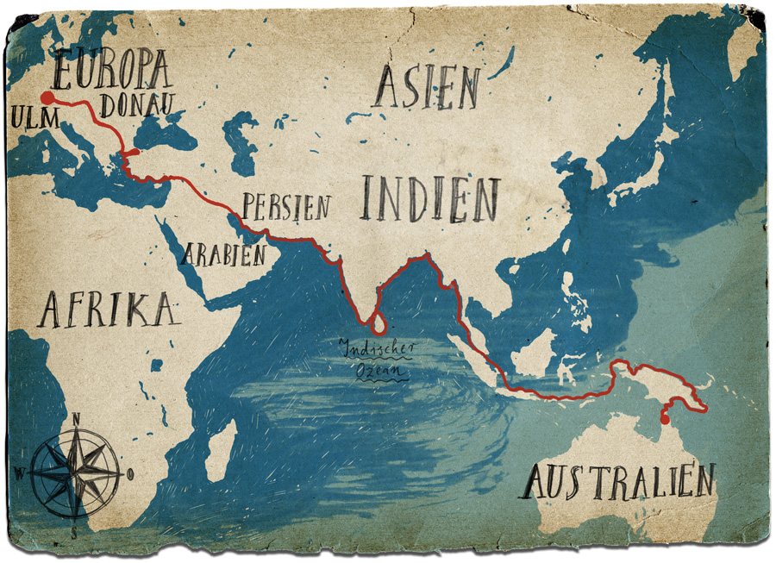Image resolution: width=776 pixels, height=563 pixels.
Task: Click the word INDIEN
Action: (x=429, y=199)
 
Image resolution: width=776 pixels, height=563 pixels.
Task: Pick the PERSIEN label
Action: (x=285, y=207)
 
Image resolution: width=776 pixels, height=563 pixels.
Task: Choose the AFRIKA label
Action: (x=107, y=310)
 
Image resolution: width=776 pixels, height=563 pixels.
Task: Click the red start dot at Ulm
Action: (x=47, y=97)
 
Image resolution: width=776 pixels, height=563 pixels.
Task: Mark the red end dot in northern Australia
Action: (x=664, y=420)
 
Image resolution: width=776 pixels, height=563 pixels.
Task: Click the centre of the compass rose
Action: (x=76, y=472)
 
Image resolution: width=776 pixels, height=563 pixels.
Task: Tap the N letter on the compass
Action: (x=76, y=419)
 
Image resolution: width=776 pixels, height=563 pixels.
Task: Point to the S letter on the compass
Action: (x=75, y=530)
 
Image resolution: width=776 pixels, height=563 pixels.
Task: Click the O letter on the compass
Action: (x=130, y=472)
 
